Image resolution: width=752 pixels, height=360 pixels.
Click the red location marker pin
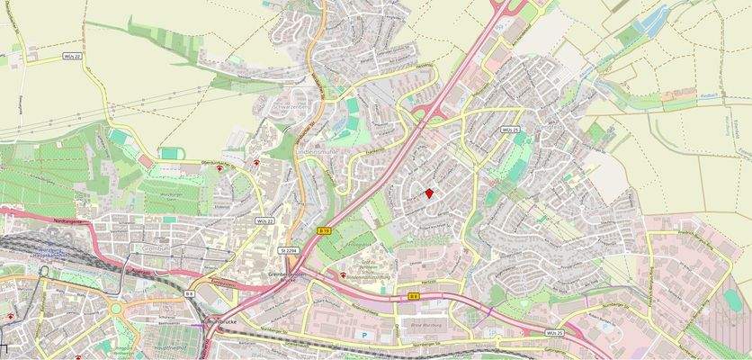click(x=429, y=193)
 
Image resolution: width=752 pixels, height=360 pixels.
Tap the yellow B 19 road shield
click(x=323, y=231)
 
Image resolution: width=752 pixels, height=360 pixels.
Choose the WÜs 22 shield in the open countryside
click(x=72, y=57)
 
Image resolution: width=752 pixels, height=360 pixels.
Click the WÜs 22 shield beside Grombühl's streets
click(x=264, y=220)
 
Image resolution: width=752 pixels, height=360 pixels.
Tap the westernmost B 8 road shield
click(x=190, y=294)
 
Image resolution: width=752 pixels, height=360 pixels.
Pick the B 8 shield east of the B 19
click(x=414, y=294)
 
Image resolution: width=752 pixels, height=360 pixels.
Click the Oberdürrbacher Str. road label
click(x=198, y=162)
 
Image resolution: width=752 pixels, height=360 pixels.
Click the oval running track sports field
click(x=353, y=107)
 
